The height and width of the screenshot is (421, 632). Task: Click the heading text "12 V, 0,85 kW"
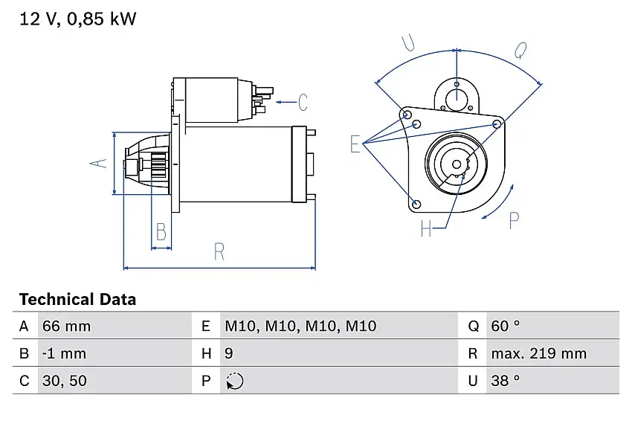77,19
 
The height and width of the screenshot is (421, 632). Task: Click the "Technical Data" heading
77,300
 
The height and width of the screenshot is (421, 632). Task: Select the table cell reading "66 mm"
68,326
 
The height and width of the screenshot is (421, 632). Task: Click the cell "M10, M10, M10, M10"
300,326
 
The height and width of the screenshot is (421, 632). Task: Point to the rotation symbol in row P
234,381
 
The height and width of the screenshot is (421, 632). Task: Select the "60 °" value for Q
506,326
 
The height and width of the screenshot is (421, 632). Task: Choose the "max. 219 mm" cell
538,353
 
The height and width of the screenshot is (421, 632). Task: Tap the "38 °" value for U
506,381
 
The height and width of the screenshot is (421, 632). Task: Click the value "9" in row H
229,353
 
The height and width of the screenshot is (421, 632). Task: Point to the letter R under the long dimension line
219,252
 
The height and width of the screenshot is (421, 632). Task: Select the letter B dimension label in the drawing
160,233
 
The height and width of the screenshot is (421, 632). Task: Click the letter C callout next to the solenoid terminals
303,100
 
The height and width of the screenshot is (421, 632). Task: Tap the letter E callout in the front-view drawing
355,144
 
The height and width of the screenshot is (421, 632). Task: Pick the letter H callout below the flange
426,229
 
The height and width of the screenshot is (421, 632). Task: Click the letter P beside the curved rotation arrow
514,220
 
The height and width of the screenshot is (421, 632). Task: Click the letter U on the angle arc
407,43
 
